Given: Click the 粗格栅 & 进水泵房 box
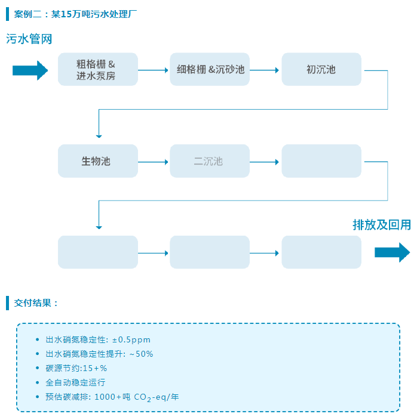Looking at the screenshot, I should [x=98, y=69].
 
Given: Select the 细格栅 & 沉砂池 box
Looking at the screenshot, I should [x=210, y=69].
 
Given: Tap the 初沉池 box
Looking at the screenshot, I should [x=321, y=69].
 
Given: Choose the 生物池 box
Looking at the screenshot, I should [x=98, y=161].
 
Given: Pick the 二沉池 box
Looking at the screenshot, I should [x=210, y=161].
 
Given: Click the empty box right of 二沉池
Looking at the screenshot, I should [x=321, y=161].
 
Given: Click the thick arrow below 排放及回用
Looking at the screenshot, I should [x=392, y=252].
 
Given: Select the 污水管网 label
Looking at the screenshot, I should [x=29, y=39].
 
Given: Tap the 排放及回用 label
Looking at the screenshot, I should [x=381, y=225].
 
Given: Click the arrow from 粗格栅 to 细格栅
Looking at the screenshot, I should [x=154, y=70].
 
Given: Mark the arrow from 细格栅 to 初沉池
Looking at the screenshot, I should [x=265, y=70].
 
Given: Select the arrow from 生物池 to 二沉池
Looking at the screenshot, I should [x=154, y=162].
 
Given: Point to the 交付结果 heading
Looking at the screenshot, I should [x=36, y=302].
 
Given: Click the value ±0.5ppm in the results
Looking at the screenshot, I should [x=131, y=339].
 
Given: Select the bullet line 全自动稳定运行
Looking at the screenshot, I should [x=75, y=382].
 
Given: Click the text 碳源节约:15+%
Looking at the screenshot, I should [x=76, y=368].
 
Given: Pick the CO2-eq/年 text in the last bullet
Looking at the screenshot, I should [x=156, y=397].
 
